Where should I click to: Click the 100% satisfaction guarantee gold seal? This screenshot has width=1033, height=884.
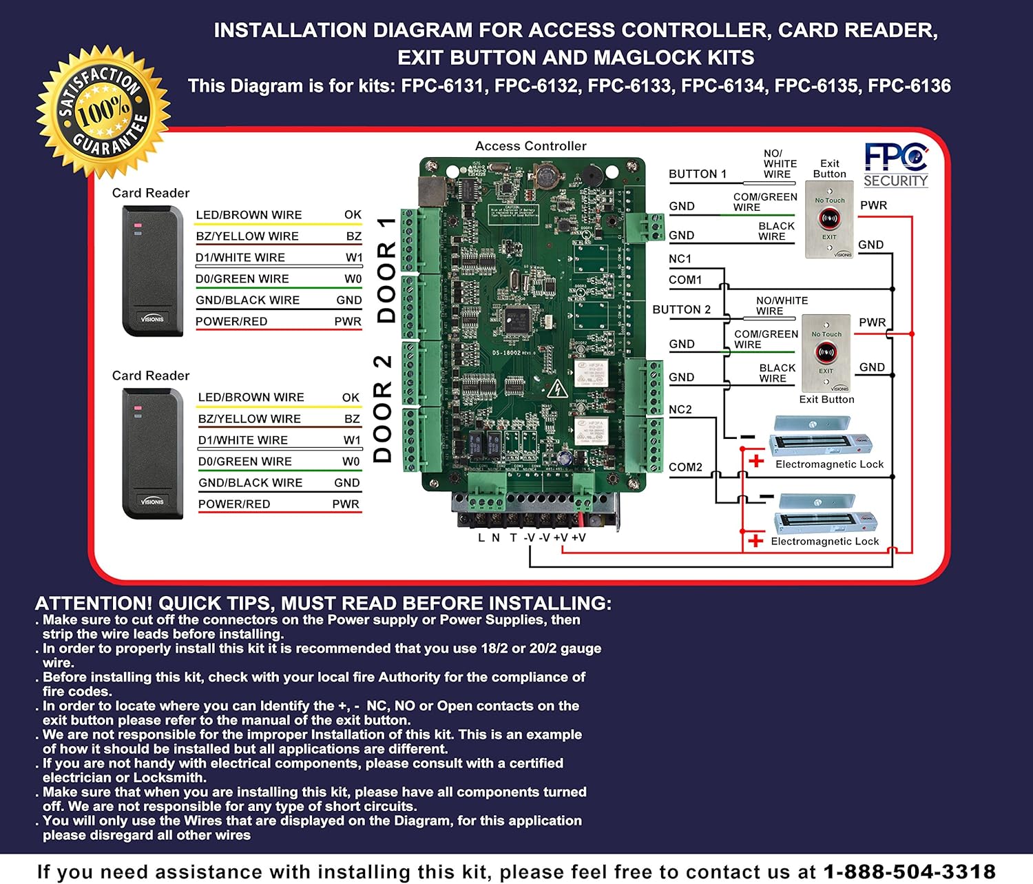[103, 110]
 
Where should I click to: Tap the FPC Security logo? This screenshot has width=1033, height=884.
[896, 165]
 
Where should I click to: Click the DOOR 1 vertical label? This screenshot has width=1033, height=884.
[386, 270]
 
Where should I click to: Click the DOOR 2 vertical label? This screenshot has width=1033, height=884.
[383, 409]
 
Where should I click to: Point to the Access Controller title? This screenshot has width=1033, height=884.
[530, 146]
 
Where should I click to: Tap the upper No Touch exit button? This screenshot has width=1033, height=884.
[829, 220]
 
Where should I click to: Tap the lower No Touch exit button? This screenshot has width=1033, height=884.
[826, 353]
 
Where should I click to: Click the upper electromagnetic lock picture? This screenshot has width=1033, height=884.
[820, 439]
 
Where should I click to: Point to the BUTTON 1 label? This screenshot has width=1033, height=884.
[698, 174]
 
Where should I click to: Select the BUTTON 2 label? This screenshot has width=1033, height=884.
[681, 310]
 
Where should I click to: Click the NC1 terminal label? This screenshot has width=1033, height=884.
[680, 259]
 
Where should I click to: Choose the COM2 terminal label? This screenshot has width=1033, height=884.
[685, 467]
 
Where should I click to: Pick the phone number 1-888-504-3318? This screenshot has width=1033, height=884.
[909, 872]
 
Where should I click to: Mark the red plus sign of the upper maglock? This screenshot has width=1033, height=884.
[756, 461]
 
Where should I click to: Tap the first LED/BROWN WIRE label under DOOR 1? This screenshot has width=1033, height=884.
[249, 215]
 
